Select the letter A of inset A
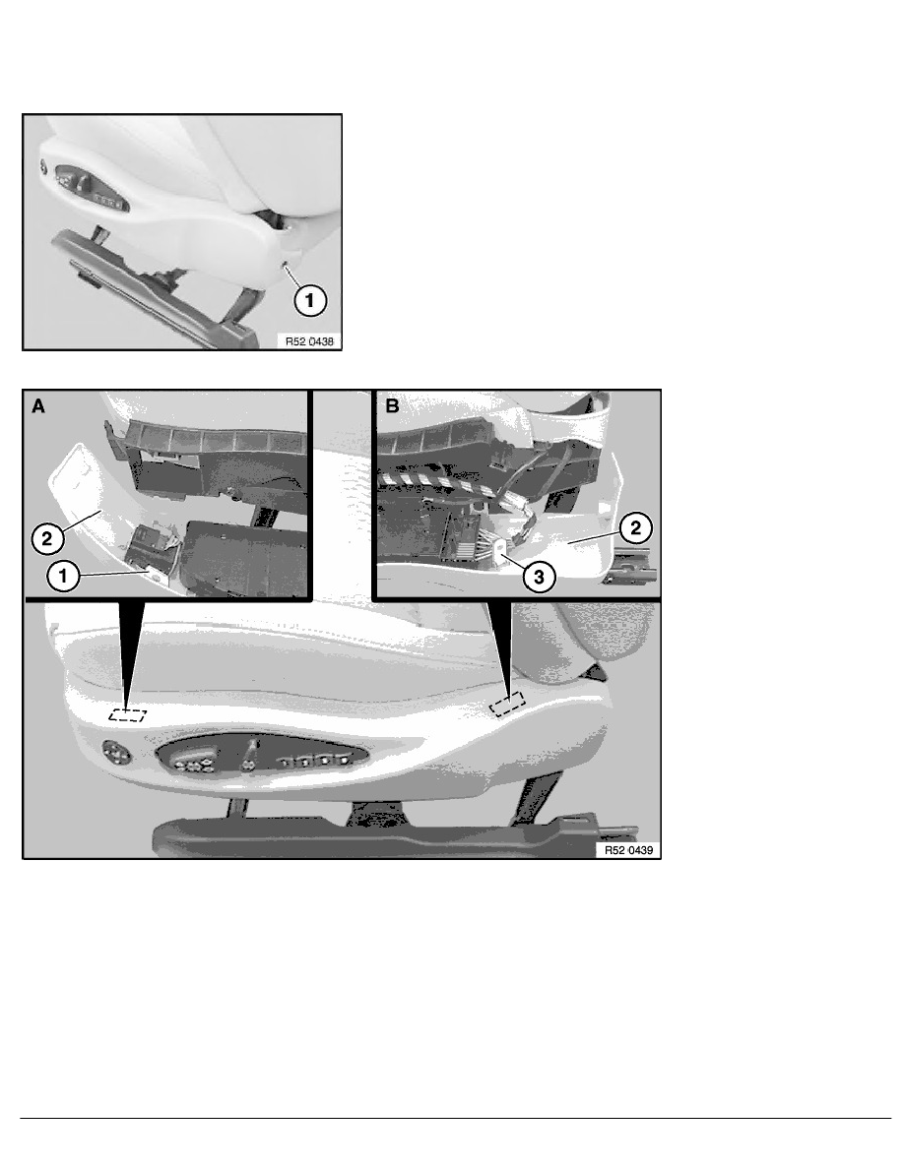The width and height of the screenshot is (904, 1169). (x=37, y=404)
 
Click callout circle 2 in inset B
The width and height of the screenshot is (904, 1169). (x=636, y=527)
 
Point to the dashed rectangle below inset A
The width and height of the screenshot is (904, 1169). (x=128, y=715)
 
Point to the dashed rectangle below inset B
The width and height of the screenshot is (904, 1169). (x=509, y=704)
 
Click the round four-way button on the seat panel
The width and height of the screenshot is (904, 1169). (x=119, y=756)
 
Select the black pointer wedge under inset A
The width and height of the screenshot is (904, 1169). (x=131, y=649)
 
